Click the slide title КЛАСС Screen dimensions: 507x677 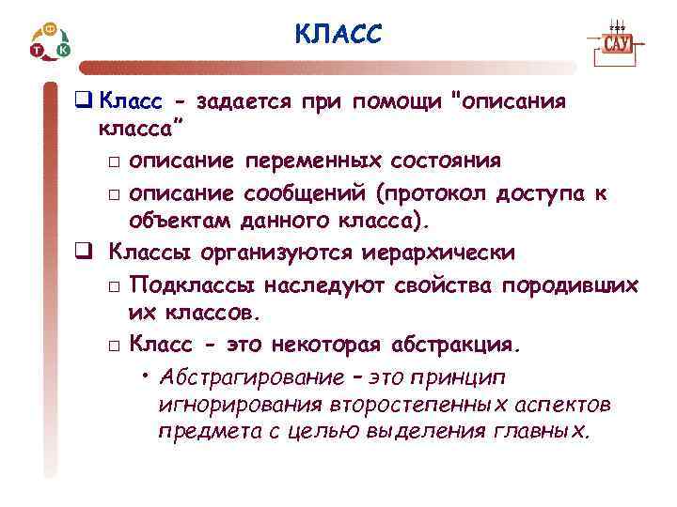[x=338, y=36]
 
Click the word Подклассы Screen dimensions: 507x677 [x=193, y=284]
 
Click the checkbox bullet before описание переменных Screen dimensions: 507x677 [x=113, y=163]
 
